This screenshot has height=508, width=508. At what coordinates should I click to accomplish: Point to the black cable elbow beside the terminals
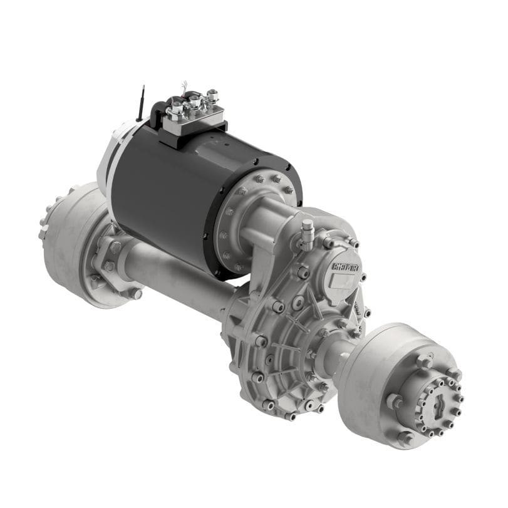click(x=157, y=113)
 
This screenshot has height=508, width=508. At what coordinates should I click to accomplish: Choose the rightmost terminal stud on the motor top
click(x=213, y=95)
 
